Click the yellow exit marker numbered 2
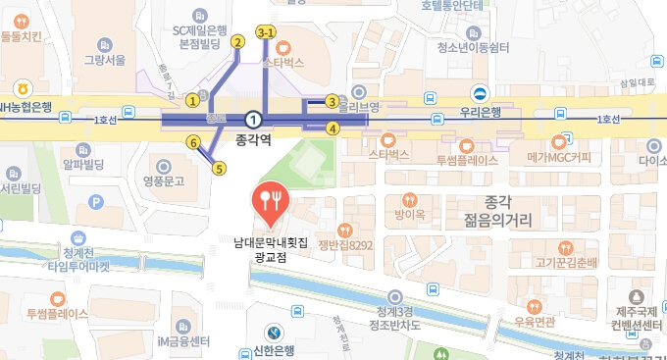coord(236,41)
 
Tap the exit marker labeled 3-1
coord(266,32)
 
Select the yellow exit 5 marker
coord(219,168)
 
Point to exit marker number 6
coord(193,143)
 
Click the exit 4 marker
coord(333,128)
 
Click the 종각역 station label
coord(253,140)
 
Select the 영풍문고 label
coord(164,180)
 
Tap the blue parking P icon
coord(96,202)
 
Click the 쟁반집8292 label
coord(345,245)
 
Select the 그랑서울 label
coord(105,60)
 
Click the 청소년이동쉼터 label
coord(473,47)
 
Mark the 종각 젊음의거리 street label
coord(501,210)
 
